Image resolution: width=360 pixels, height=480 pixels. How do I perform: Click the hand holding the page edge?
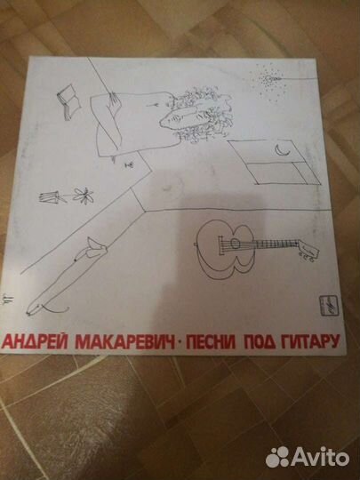106,97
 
